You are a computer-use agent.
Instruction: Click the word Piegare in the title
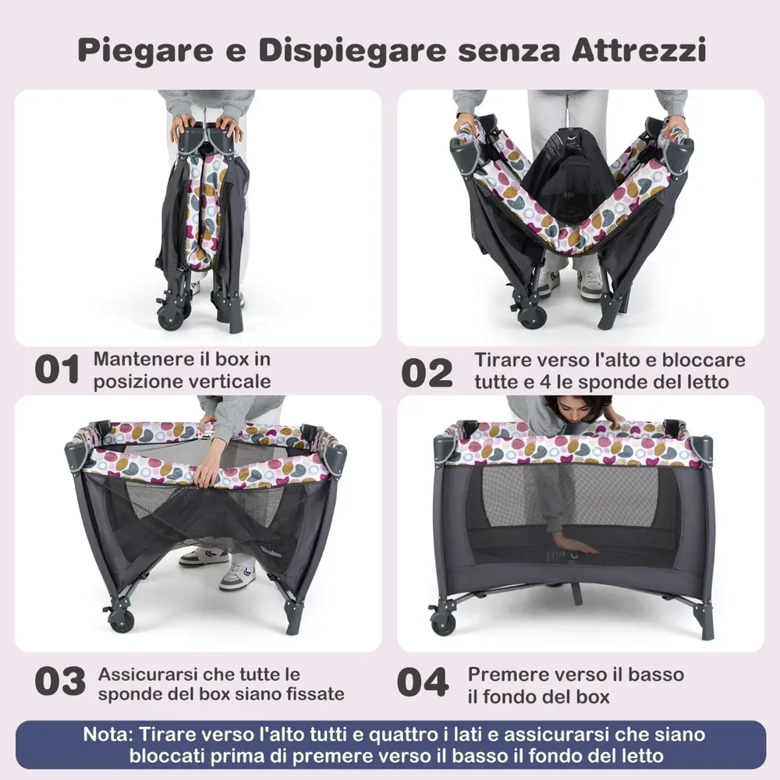[x=146, y=51]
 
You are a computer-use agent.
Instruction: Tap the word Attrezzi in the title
[x=639, y=49]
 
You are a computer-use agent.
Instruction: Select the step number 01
[x=57, y=370]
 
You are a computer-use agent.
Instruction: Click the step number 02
[x=427, y=373]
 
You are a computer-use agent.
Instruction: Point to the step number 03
[x=60, y=681]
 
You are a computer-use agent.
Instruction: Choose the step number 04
[x=423, y=682]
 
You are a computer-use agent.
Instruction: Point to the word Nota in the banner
[x=108, y=734]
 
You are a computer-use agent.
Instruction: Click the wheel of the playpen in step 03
[x=122, y=619]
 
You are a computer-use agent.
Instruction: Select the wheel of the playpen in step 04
[x=443, y=622]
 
